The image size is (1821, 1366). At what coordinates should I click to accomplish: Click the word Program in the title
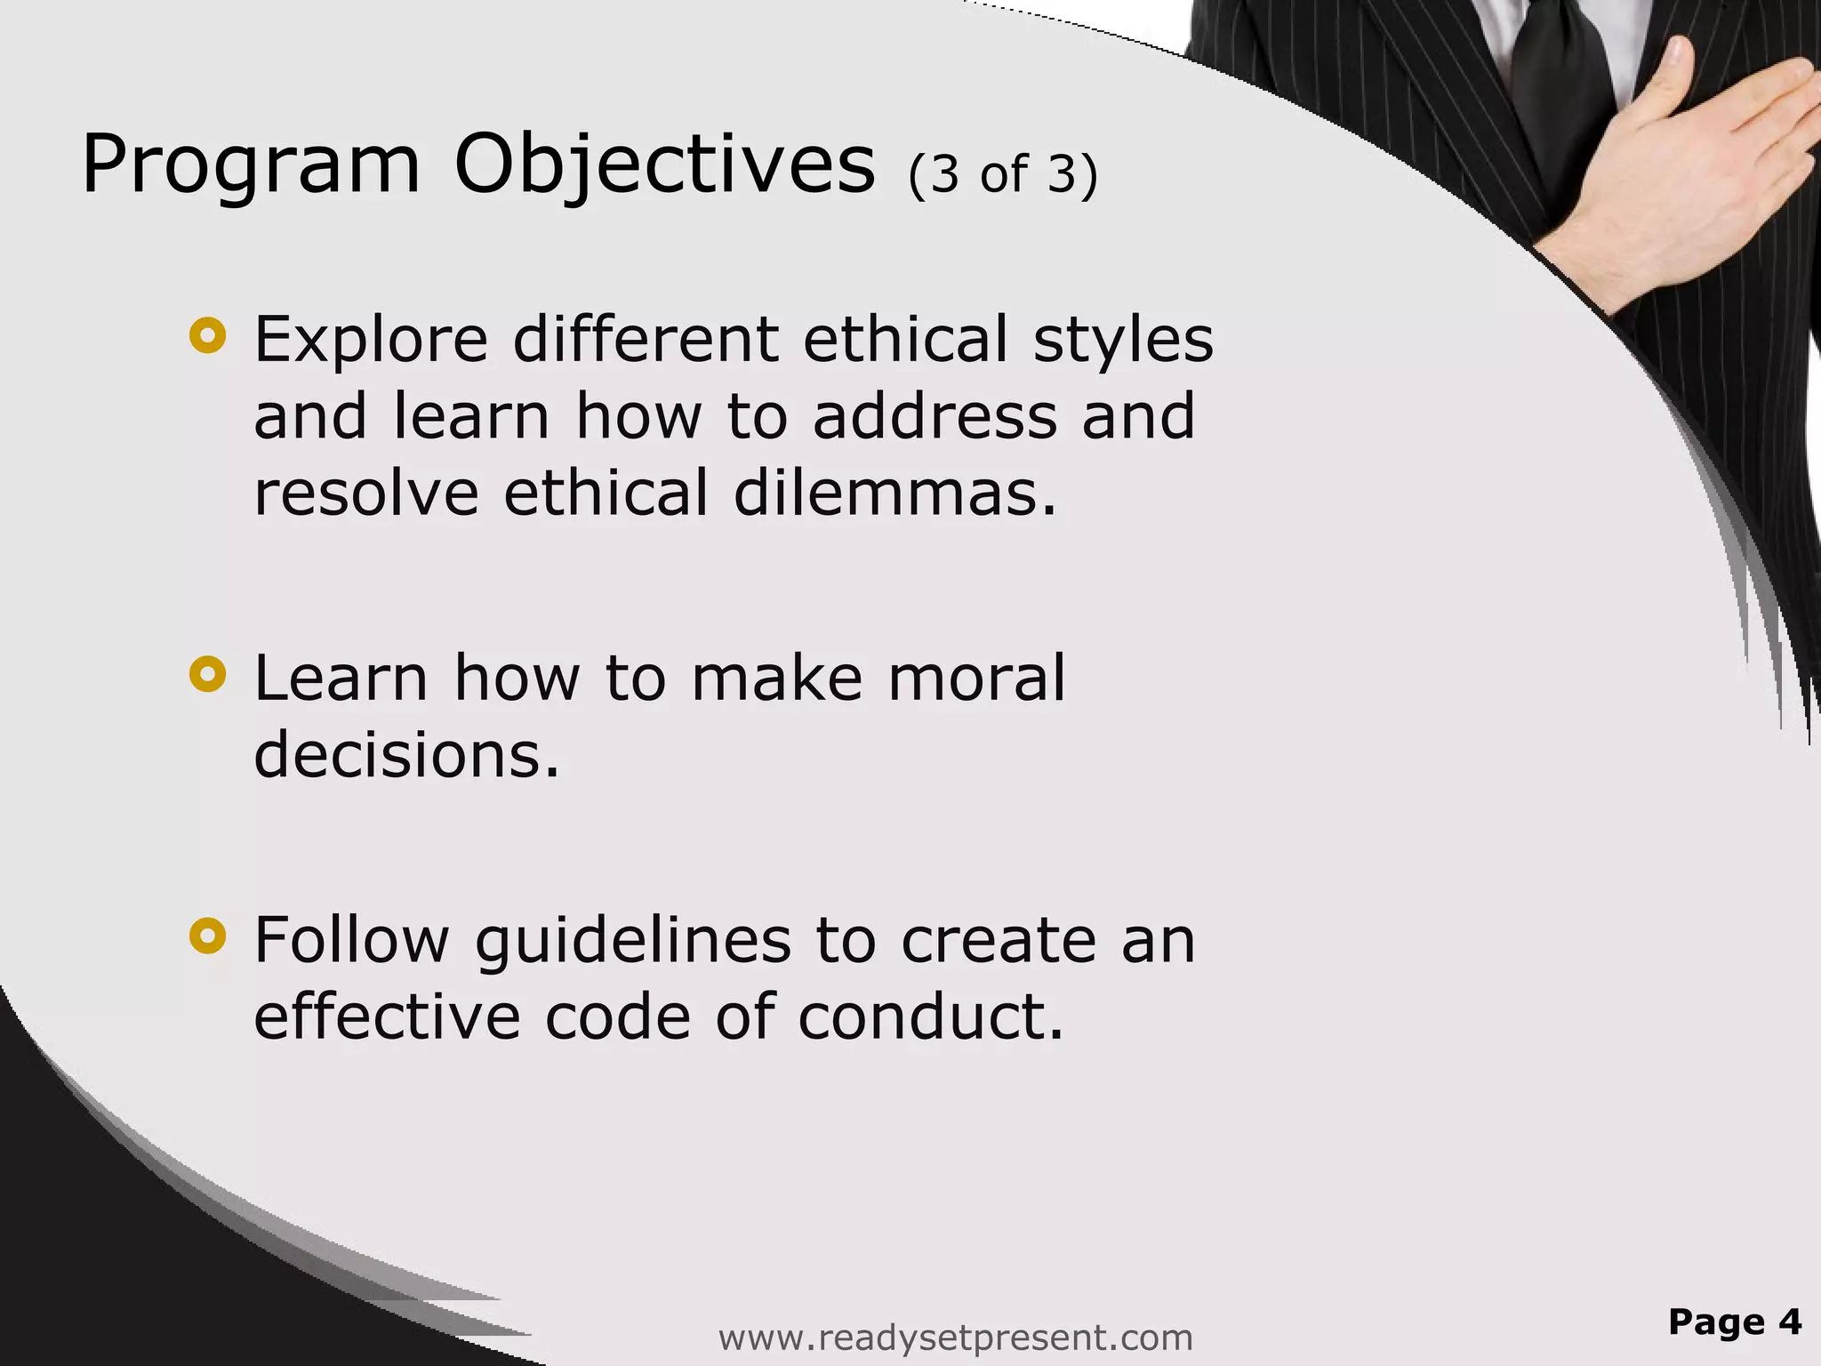tap(250, 165)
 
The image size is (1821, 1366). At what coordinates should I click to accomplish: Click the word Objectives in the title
tap(664, 165)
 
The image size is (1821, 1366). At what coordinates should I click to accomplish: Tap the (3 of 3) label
tap(1003, 174)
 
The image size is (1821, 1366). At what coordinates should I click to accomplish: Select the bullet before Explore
tap(208, 335)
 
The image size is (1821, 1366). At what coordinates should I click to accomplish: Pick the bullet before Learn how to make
tap(208, 674)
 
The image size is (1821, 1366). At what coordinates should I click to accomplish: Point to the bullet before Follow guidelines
tap(208, 936)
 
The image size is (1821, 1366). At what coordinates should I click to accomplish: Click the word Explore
tap(371, 340)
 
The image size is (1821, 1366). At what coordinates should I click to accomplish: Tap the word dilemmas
tap(895, 494)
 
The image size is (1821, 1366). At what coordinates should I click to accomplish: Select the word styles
tap(1123, 340)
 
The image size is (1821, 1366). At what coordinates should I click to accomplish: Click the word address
tap(935, 416)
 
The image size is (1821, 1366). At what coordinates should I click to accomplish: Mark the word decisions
tap(407, 755)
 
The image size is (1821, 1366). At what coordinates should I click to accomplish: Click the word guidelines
tap(632, 941)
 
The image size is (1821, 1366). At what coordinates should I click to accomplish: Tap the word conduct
tap(931, 1016)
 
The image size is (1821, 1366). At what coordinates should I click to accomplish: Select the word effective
tap(387, 1016)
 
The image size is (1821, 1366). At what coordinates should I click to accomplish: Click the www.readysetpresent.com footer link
tap(955, 1337)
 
